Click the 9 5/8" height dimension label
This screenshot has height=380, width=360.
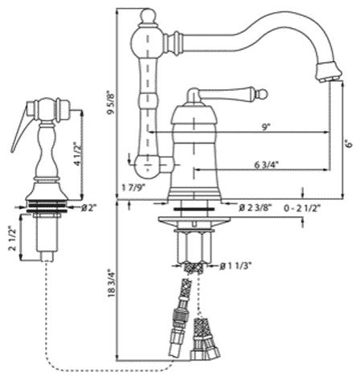(111, 103)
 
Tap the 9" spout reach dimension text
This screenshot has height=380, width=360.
(265, 128)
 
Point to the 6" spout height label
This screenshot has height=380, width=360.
(350, 144)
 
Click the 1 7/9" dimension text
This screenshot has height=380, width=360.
(133, 187)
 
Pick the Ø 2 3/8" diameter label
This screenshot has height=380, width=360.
(256, 207)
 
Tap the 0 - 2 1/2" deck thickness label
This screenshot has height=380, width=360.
(302, 208)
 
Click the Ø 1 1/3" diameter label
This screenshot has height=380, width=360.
(236, 266)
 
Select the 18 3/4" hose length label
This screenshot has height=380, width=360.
(111, 283)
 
